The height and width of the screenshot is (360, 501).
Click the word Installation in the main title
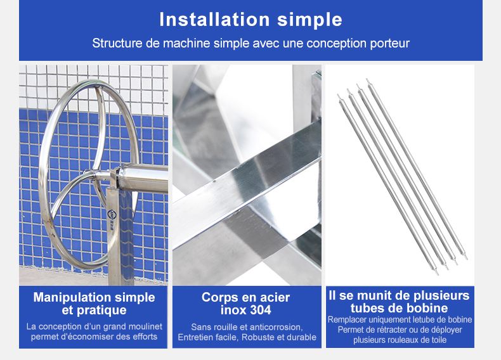215,20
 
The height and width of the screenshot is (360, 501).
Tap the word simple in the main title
309,20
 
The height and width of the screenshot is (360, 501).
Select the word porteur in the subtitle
390,44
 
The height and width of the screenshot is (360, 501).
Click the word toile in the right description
438,340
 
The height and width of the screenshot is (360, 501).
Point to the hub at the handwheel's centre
94,175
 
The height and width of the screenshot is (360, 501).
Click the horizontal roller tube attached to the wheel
143,177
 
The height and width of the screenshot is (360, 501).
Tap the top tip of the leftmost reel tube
338,95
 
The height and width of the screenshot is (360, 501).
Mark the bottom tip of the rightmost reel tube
466,258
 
